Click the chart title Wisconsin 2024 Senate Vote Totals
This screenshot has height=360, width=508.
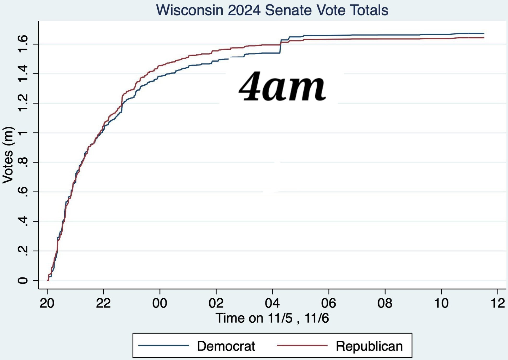coord(272,10)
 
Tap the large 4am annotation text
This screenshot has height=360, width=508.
coord(282,86)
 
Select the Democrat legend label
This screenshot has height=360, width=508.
coord(226,346)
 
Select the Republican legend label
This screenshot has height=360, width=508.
coord(369,346)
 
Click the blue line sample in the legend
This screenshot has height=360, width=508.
coord(163,345)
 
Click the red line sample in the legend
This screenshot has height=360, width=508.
coord(302,345)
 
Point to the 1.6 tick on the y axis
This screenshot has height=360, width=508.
coord(23,44)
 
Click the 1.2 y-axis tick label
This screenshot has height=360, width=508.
coord(23,103)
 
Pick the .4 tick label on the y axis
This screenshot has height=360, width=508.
coord(23,221)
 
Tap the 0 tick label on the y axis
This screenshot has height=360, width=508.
coord(23,281)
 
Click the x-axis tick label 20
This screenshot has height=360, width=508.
coord(47,303)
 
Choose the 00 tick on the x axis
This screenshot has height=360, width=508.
coord(160,303)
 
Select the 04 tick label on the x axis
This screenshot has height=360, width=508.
coord(272,303)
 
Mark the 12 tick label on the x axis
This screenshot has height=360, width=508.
coord(498,303)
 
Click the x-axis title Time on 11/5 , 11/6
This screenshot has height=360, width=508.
coord(272,318)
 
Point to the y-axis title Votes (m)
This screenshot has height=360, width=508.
coord(8,155)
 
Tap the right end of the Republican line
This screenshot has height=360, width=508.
coord(484,38)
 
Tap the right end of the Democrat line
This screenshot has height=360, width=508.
coord(484,33)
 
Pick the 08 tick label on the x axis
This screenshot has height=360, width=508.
coord(385,303)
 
